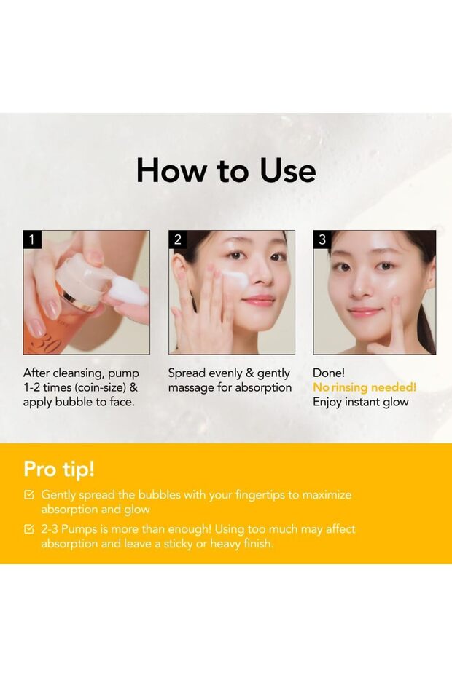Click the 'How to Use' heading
(226, 170)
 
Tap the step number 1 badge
(31, 239)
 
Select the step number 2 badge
(176, 239)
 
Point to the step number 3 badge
(322, 239)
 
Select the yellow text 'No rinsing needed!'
(365, 387)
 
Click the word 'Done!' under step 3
(329, 373)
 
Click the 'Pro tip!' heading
(59, 467)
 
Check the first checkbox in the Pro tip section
(29, 495)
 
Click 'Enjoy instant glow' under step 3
(360, 402)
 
